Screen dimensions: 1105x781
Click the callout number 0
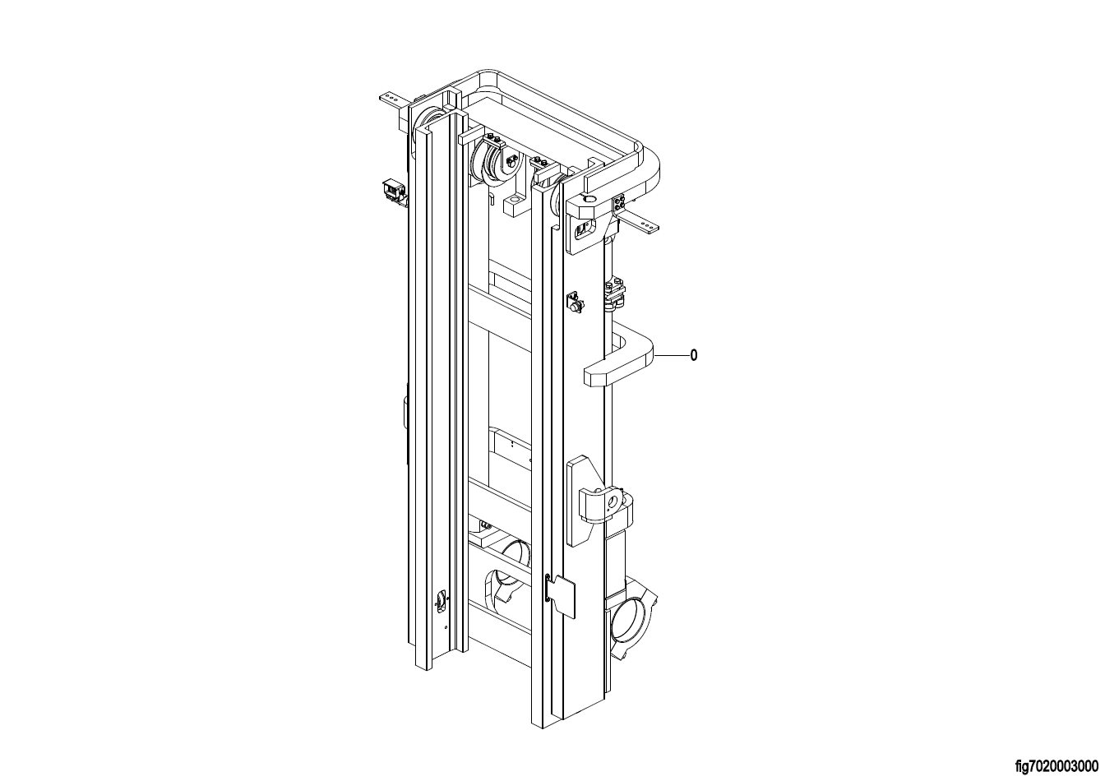694,355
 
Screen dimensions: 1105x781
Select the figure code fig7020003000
1056,767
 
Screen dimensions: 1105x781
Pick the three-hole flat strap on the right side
640,223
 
